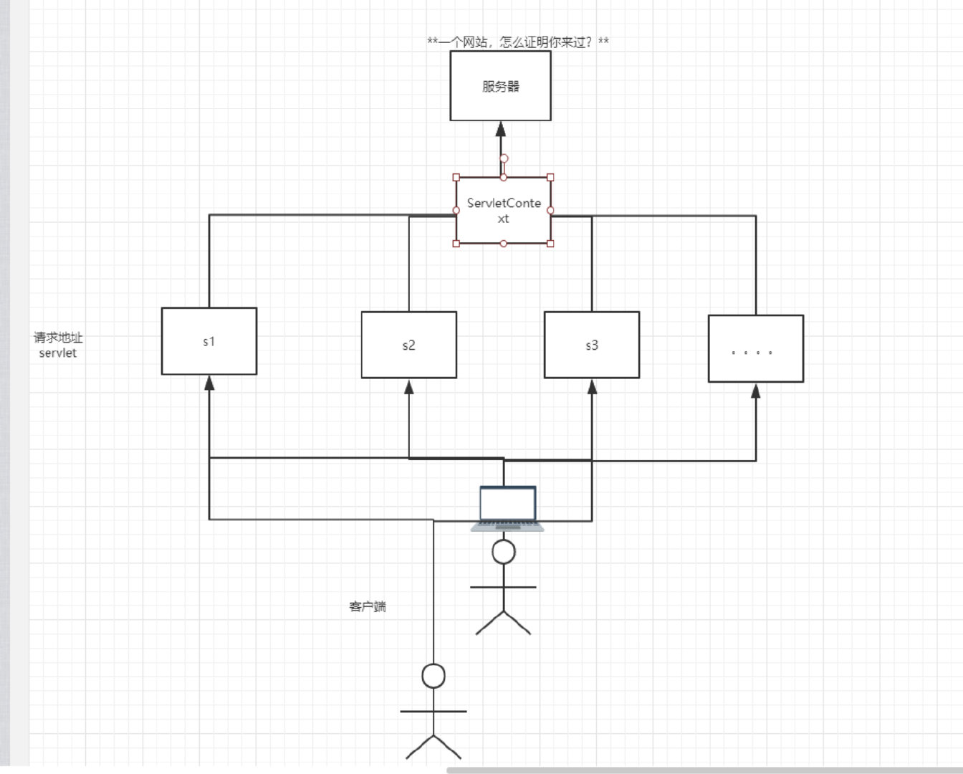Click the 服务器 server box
point(500,86)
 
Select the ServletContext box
point(503,210)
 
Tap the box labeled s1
point(209,341)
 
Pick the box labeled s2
point(408,345)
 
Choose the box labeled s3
point(592,345)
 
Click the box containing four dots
point(755,349)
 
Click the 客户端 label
point(368,606)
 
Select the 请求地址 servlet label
point(58,345)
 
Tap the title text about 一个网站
point(517,42)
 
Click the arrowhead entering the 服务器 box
point(501,129)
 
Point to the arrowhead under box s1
point(209,383)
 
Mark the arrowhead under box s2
point(409,387)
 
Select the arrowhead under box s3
point(592,387)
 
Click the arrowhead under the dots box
point(755,391)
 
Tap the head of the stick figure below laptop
point(504,552)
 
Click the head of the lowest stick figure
point(433,676)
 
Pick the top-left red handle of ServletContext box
point(456,177)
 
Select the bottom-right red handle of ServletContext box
point(550,244)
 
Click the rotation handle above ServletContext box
point(504,158)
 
